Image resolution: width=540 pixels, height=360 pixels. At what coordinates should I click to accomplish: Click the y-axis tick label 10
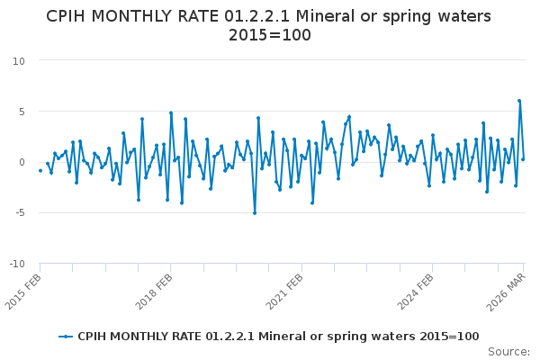point(18,60)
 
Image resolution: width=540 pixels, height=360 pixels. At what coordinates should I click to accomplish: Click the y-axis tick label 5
point(21,112)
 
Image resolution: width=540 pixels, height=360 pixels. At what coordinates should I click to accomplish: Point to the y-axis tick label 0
point(21,162)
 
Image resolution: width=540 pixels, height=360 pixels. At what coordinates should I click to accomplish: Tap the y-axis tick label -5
point(18,213)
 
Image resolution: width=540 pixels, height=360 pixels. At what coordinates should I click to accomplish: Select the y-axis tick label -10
point(16,264)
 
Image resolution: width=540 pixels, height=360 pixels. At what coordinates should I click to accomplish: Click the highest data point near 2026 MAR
point(519,101)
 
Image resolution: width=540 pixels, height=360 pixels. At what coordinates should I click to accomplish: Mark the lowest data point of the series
point(255,213)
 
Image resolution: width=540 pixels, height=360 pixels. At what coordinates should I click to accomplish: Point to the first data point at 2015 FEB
point(40,170)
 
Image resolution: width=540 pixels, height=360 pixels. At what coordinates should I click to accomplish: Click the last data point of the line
point(523,159)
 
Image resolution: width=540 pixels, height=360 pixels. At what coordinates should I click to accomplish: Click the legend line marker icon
point(66,336)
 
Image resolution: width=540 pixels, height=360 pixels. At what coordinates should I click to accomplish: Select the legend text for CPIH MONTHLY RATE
point(278,336)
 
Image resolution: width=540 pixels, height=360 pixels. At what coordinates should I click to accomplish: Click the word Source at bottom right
point(508,352)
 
